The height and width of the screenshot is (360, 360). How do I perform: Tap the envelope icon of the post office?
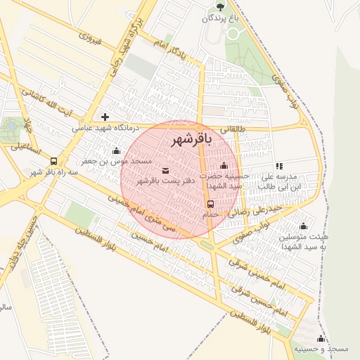pyautogui.click(x=165, y=170)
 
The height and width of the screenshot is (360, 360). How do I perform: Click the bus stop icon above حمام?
pyautogui.click(x=210, y=204)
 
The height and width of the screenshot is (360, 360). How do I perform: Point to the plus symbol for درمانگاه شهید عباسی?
pyautogui.click(x=105, y=117)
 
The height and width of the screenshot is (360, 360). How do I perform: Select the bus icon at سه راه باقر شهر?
pyautogui.click(x=53, y=161)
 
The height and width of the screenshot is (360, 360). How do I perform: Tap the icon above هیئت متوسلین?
pyautogui.click(x=303, y=226)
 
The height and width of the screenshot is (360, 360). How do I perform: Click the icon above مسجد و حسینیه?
pyautogui.click(x=321, y=339)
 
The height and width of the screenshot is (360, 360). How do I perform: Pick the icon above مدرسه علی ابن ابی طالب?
pyautogui.click(x=279, y=166)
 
